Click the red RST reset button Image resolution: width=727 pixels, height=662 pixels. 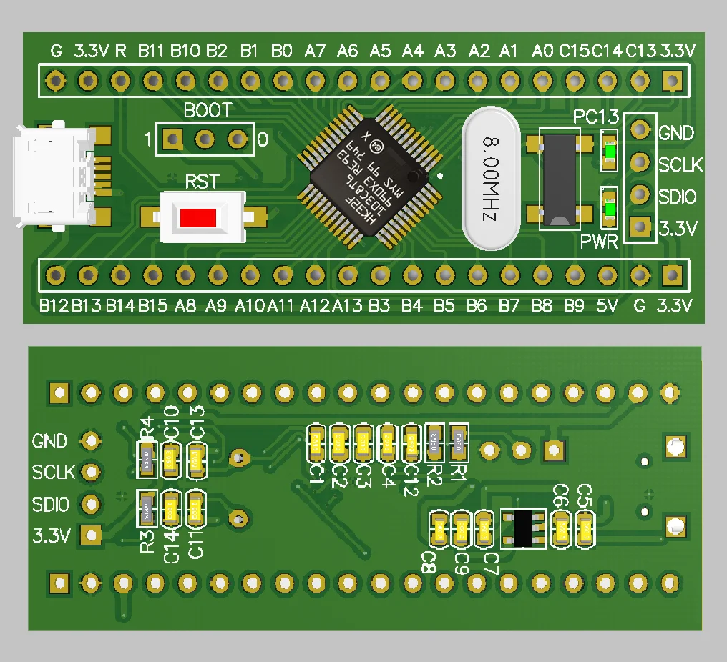(x=199, y=217)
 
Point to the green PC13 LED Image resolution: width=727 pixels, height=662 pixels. (x=610, y=152)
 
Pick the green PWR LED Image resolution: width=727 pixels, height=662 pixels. (x=610, y=209)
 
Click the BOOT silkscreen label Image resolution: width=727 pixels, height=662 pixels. (x=208, y=111)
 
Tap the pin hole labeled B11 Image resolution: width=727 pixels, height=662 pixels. (x=152, y=79)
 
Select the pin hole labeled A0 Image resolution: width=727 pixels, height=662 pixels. (x=542, y=79)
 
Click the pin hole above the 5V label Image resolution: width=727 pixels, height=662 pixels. (x=607, y=274)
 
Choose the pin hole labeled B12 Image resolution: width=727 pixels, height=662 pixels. (x=54, y=274)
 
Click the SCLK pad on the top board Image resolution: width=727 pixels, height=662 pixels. (x=639, y=163)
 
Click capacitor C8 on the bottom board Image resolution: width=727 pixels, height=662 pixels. (x=437, y=530)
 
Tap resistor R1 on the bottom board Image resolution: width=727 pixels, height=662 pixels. (x=458, y=442)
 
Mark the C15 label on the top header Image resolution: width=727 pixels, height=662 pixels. (x=575, y=51)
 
